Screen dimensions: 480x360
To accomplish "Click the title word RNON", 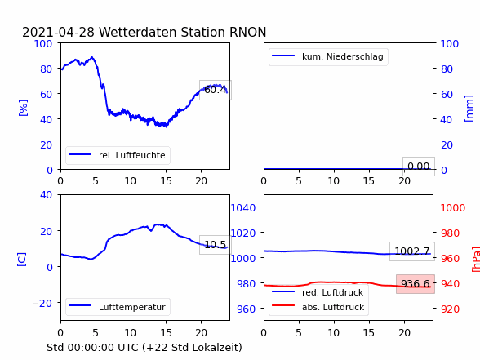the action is click(247, 32).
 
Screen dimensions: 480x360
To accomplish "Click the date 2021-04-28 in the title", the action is click(58, 32).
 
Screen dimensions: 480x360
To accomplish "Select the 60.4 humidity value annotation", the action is click(216, 90).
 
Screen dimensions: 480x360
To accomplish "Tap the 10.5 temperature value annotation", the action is click(216, 245).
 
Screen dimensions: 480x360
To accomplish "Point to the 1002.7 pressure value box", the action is click(412, 251).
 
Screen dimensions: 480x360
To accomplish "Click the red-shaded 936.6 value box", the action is click(415, 284).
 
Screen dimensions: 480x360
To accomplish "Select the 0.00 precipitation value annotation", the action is click(419, 167).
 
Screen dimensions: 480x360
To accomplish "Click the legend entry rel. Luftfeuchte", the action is click(118, 155).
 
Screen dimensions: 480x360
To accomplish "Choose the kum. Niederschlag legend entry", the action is click(328, 56).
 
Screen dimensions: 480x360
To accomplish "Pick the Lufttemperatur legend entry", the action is click(118, 307).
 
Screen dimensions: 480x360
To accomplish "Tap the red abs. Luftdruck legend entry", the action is click(318, 307).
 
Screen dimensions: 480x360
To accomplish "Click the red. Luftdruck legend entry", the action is click(318, 292).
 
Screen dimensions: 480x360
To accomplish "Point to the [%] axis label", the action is click(23, 108).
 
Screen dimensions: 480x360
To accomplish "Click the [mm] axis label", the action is click(469, 109).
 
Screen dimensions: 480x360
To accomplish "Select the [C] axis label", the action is click(22, 260).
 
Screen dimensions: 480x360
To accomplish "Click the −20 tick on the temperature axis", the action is click(42, 303).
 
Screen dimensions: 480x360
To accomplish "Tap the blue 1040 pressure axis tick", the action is click(242, 208).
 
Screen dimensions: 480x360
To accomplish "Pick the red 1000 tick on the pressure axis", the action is click(453, 208).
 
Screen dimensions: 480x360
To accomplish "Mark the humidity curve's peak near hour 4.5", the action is click(91, 57).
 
